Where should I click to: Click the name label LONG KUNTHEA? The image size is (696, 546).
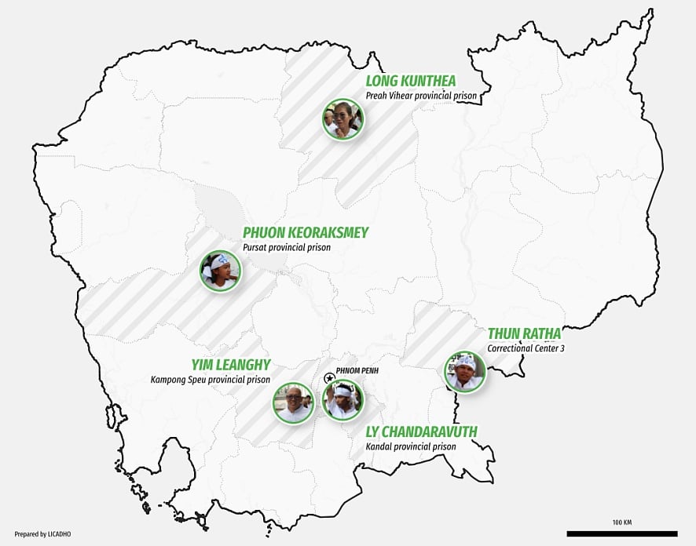pos(410,81)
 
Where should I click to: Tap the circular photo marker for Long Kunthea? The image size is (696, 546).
pos(343,119)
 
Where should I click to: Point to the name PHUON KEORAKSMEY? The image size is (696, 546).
pos(305,233)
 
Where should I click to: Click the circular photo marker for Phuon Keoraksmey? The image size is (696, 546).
pos(220,271)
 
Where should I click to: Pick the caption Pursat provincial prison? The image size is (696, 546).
pos(286,247)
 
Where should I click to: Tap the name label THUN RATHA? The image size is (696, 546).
pos(524,334)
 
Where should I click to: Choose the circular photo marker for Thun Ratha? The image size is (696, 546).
pos(465,371)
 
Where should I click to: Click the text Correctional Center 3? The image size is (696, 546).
pos(524,348)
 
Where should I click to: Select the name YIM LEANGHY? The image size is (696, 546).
pos(231,365)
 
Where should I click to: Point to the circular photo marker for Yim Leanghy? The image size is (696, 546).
pos(293,402)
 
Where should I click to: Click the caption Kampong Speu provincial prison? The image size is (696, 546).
pos(211,380)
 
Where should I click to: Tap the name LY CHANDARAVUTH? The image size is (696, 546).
pos(421,432)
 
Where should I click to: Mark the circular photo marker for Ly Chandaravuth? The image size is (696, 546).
pos(343,399)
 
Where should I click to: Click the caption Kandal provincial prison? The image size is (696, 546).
pos(410,446)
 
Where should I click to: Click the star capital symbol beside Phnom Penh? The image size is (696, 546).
pos(330,378)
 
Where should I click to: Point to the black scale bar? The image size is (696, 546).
pos(621,533)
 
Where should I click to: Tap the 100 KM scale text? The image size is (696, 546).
pos(622,522)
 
